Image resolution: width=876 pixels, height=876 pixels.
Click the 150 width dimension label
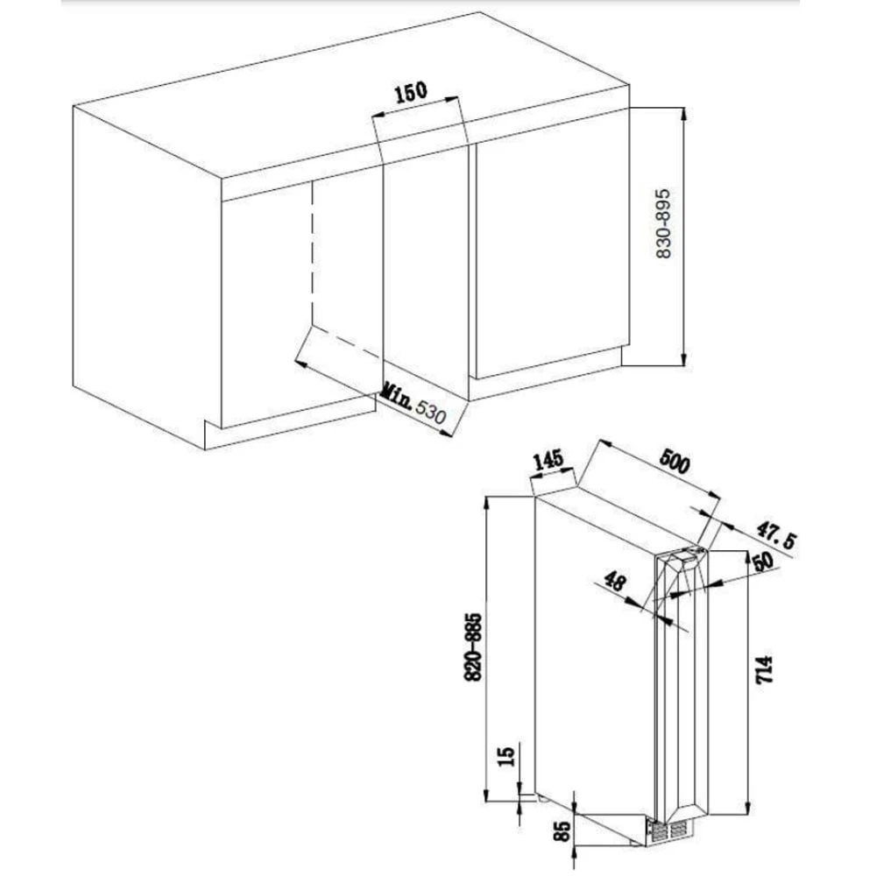pos(411,92)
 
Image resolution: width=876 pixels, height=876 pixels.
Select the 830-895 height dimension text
pos(663,223)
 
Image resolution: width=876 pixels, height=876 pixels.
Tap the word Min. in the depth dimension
pos(396,396)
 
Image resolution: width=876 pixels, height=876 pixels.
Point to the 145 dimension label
pos(548,461)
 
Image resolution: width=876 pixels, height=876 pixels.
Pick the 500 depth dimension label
pos(675,462)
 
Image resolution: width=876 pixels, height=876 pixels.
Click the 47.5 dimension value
pos(776,535)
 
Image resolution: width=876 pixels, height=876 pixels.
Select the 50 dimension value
pos(764,561)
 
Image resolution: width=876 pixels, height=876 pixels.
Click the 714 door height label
pos(764,669)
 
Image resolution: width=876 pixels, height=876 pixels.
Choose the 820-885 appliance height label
pos(474,647)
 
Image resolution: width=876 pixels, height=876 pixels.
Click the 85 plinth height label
pos(563,830)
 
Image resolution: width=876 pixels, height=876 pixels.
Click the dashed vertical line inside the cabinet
pos(312,251)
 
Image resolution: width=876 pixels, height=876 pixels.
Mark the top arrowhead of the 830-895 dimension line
pos(684,113)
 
